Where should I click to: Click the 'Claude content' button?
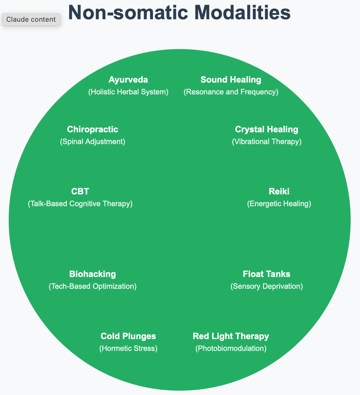click(x=31, y=20)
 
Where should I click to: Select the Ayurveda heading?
click(x=128, y=80)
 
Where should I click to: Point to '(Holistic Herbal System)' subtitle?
click(x=128, y=92)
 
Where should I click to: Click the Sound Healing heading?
click(x=231, y=80)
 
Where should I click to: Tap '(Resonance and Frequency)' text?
click(x=231, y=92)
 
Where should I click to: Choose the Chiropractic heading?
click(x=92, y=129)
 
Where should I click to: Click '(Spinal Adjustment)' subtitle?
click(x=92, y=142)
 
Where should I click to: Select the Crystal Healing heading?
click(x=266, y=129)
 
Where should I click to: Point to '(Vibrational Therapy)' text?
click(x=266, y=142)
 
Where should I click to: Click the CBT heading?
click(x=80, y=191)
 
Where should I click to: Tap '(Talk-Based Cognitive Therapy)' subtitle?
click(x=80, y=204)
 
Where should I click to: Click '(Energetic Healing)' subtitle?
click(x=279, y=204)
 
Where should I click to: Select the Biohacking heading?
click(x=92, y=274)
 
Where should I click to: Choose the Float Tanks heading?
click(x=266, y=274)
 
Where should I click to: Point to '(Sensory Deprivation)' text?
click(x=266, y=286)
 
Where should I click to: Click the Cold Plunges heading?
click(x=128, y=336)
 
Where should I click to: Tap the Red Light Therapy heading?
click(x=231, y=336)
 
